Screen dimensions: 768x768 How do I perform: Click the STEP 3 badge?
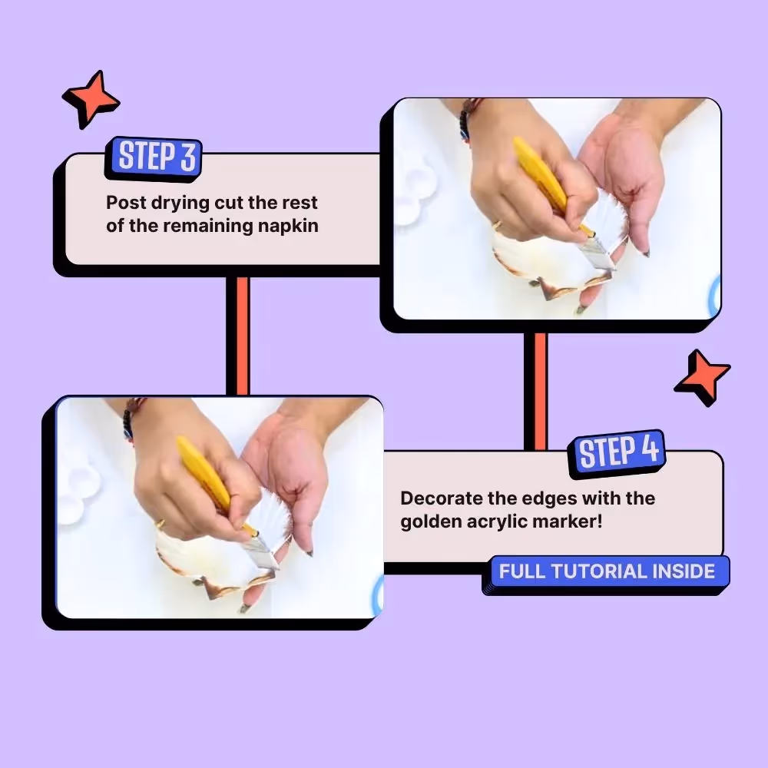[154, 157]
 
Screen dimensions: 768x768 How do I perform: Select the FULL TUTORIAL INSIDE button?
[607, 572]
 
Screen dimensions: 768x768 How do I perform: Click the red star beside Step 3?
[91, 98]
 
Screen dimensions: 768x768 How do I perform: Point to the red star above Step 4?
[702, 377]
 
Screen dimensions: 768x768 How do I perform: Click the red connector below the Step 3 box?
[243, 336]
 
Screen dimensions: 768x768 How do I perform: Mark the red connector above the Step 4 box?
[540, 392]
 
